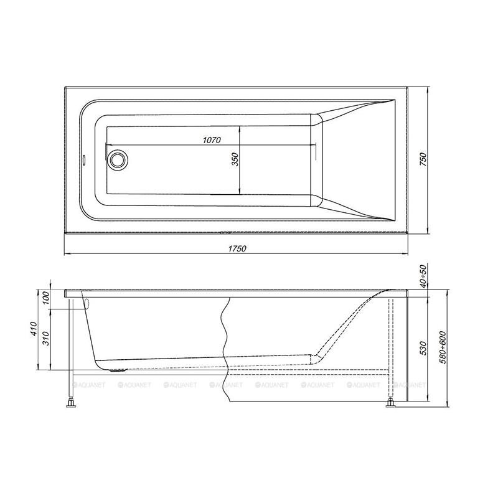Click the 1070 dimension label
212,139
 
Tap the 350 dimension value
235,159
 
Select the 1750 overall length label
237,248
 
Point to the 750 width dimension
423,159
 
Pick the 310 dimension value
46,339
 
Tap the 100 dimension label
46,298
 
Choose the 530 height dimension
423,349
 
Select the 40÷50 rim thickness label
423,276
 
